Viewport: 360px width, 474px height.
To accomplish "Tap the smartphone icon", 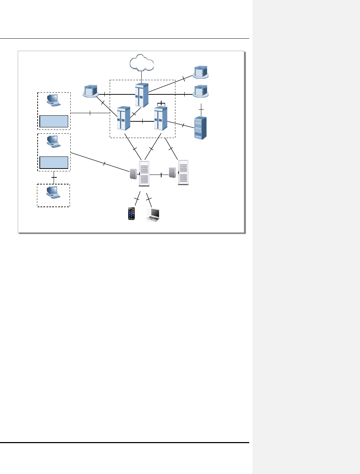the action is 131,214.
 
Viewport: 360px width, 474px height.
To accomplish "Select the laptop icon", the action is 153,215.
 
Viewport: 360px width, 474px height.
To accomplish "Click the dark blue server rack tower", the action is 201,128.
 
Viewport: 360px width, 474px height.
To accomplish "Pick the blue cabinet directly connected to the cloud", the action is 141,95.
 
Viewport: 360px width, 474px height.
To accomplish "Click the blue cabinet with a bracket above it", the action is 160,118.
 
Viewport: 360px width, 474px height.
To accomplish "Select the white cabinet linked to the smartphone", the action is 144,173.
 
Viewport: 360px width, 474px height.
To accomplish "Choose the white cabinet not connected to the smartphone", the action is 183,173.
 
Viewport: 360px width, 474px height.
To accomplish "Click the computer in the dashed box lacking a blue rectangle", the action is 53,193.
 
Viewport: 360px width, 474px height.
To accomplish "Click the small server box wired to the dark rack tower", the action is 201,92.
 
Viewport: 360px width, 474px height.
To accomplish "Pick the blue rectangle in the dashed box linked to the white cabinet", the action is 54,162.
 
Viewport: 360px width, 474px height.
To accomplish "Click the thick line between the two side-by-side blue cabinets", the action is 142,122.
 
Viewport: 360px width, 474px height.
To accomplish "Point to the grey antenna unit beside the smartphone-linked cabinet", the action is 133,174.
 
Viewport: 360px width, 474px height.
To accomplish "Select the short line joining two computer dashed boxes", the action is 54,177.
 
